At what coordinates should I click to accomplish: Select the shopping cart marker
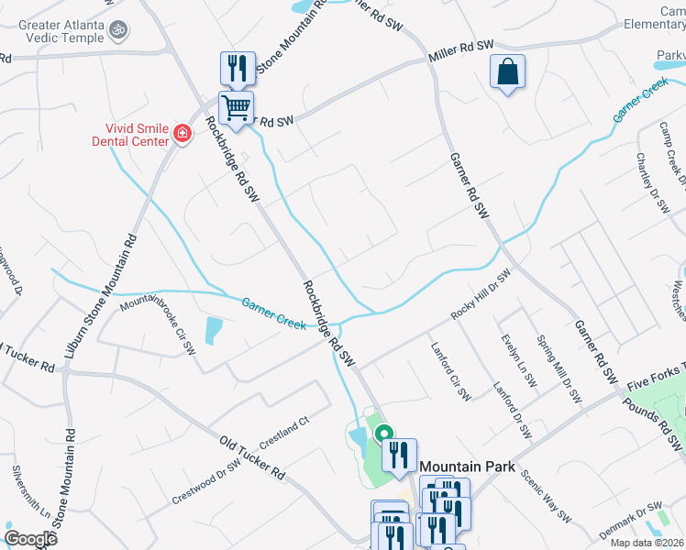click(236, 108)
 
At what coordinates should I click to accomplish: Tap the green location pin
click(382, 435)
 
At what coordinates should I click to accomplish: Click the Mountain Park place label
click(468, 467)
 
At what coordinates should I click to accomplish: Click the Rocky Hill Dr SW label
click(480, 295)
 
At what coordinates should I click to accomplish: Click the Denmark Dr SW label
click(630, 518)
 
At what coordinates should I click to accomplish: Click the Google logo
click(30, 539)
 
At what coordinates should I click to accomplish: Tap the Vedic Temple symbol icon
click(116, 32)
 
